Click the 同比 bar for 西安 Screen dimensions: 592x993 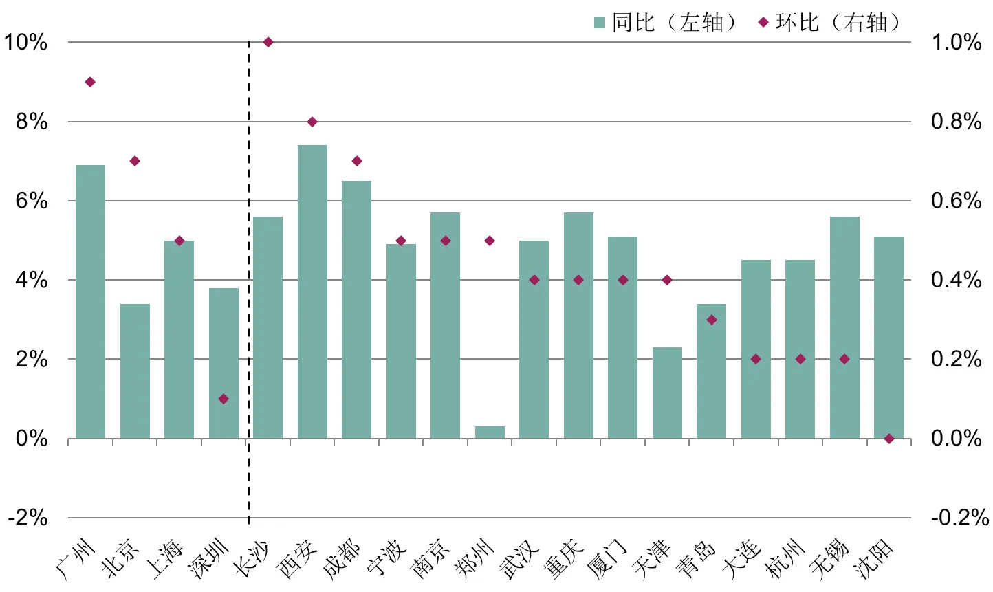[x=312, y=292]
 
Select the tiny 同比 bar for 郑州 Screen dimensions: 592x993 [x=490, y=432]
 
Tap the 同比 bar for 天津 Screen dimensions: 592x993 [x=667, y=393]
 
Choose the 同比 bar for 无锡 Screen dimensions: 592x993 [x=844, y=327]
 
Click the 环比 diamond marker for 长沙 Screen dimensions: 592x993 [x=268, y=42]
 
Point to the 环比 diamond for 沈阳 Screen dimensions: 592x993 [x=889, y=439]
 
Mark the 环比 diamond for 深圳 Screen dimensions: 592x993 [x=223, y=399]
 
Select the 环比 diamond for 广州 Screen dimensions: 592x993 [x=90, y=82]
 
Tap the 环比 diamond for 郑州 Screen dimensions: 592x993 [x=490, y=241]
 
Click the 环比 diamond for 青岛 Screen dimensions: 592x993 [x=712, y=320]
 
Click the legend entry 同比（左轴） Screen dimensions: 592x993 [x=664, y=23]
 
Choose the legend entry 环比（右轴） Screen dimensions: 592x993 [x=829, y=23]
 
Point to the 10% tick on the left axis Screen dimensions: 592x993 [x=25, y=42]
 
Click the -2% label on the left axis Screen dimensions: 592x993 [x=28, y=518]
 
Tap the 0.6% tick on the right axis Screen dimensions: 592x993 [x=956, y=201]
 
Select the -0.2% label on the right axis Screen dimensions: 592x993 [x=959, y=518]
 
